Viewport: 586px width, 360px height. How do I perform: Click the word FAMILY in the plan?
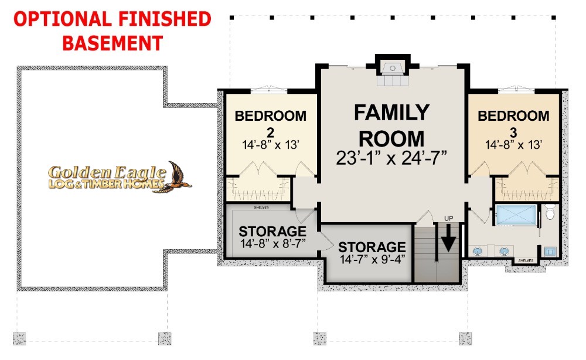(x=391, y=112)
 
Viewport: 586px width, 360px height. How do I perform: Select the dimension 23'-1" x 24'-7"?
(x=391, y=158)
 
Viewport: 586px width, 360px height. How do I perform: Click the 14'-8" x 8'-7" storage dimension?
(x=273, y=244)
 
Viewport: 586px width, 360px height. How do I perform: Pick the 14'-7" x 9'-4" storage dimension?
(x=373, y=259)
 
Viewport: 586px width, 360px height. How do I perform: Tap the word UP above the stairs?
(x=448, y=218)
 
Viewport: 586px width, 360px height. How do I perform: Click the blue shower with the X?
(x=516, y=215)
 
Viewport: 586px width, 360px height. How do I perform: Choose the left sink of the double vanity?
(x=477, y=251)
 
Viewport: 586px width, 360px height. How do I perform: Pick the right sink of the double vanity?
(x=504, y=251)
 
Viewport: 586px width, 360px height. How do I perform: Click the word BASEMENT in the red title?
(x=113, y=43)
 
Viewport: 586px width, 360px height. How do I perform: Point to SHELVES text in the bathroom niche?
(x=526, y=260)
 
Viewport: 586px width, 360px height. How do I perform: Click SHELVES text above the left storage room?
(x=261, y=207)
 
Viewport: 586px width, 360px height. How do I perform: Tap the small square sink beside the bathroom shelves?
(x=550, y=252)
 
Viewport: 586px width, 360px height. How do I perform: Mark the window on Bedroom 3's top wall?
(x=516, y=90)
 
